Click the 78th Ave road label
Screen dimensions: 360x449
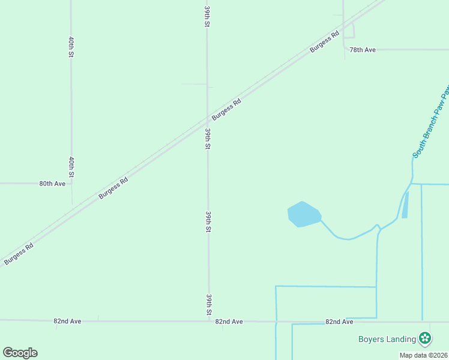click(363, 50)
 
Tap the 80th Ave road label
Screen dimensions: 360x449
click(52, 184)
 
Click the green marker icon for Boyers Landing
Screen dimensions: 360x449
click(425, 338)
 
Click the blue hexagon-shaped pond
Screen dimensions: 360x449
click(304, 214)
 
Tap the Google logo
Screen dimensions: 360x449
click(20, 353)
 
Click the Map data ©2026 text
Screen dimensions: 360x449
click(424, 355)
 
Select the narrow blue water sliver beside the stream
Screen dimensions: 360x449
click(405, 205)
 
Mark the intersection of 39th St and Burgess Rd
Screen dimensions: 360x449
click(208, 121)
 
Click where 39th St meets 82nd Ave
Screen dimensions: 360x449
click(209, 321)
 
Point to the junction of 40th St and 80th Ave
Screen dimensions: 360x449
click(72, 183)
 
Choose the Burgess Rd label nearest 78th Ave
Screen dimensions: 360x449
click(325, 41)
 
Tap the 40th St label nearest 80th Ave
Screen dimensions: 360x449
click(71, 167)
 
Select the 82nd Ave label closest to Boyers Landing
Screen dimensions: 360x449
click(339, 322)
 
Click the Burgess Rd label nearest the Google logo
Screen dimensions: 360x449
click(18, 254)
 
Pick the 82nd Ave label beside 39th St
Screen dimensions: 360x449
click(229, 322)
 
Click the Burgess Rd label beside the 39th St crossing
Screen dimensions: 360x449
click(226, 109)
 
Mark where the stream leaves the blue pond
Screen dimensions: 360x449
click(321, 220)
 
